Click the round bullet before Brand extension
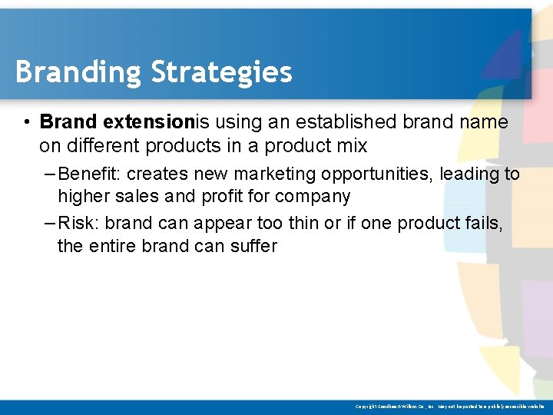(x=26, y=122)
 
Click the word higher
(x=83, y=197)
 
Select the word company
(x=313, y=197)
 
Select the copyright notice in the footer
(x=449, y=406)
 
